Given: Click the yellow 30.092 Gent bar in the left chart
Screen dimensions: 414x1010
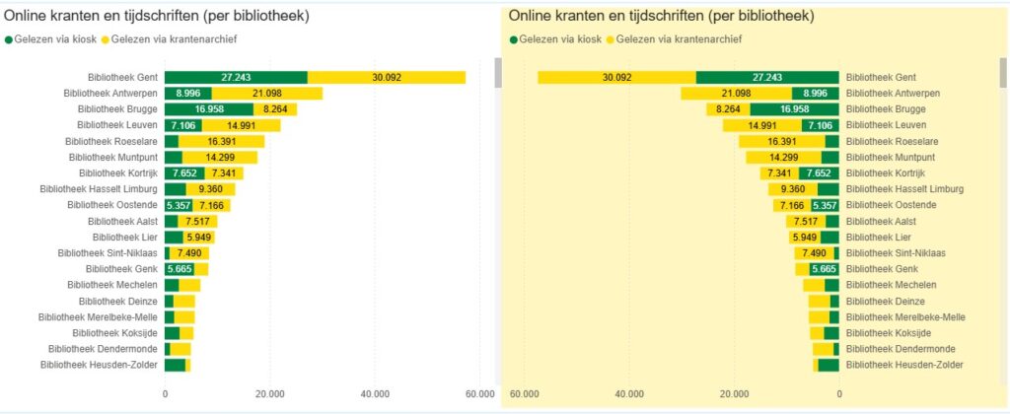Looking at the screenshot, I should [x=387, y=77].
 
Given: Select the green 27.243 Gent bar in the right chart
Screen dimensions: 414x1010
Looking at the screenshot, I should [x=767, y=77].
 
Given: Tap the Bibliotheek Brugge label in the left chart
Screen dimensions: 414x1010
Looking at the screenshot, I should [x=116, y=109].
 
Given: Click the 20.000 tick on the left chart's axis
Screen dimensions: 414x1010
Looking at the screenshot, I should [x=269, y=393].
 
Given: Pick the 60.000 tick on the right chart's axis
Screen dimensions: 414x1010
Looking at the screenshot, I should [x=525, y=393].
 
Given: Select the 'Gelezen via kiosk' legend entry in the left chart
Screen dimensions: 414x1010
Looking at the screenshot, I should [x=57, y=39].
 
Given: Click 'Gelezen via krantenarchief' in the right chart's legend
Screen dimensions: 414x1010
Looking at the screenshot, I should [x=674, y=39].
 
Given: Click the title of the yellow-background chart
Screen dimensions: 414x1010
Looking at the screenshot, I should [x=662, y=17].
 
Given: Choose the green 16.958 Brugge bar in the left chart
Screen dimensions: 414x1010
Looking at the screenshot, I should [x=209, y=109].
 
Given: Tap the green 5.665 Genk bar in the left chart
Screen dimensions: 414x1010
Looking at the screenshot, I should [x=180, y=269].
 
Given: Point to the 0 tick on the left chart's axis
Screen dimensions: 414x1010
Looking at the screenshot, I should [x=165, y=393].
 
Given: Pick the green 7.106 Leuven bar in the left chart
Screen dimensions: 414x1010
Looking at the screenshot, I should [x=182, y=125].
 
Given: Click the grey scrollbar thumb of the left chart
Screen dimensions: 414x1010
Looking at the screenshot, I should [x=499, y=73].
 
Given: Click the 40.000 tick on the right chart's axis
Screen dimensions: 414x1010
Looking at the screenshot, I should [x=629, y=393].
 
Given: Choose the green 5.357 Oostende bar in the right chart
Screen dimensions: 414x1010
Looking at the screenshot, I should [x=825, y=205].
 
